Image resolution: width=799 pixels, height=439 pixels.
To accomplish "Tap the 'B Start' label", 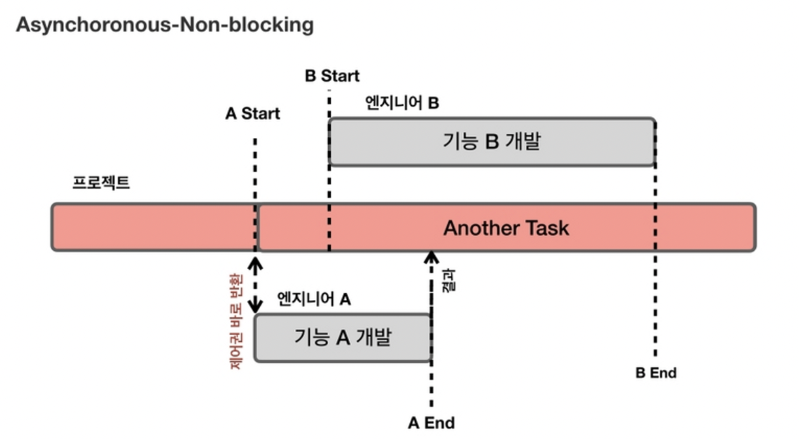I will click(332, 76).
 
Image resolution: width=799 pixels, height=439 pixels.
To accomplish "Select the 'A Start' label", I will click(252, 114).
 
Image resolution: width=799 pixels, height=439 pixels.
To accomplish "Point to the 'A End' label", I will click(431, 423).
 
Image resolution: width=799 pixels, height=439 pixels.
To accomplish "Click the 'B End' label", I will click(656, 373).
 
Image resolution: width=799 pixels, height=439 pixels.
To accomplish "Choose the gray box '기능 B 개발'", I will click(492, 142).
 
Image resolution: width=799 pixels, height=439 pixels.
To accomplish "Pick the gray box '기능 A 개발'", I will click(343, 337).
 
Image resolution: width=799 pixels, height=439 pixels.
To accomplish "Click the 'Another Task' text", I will click(506, 228).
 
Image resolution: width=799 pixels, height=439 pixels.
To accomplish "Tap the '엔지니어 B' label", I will click(401, 103).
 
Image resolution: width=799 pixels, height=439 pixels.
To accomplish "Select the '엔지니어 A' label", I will click(314, 299).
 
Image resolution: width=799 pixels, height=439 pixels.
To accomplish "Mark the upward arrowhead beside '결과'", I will click(431, 256).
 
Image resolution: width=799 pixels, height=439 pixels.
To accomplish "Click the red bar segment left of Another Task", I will click(154, 227).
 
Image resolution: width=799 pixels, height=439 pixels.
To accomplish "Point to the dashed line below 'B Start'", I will click(329, 105).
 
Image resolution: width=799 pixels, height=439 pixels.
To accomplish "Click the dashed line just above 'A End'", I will click(431, 385).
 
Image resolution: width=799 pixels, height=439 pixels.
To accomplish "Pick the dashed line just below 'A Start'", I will click(255, 170).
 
